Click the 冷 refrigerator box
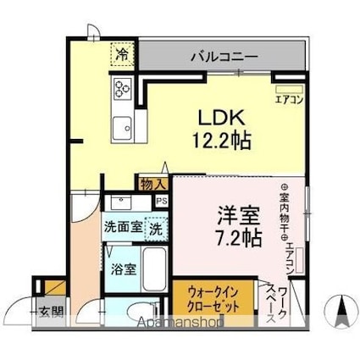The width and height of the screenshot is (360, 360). click(x=121, y=54)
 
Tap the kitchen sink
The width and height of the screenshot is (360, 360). click(x=120, y=125)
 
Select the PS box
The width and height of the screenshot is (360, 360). click(x=161, y=201)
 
